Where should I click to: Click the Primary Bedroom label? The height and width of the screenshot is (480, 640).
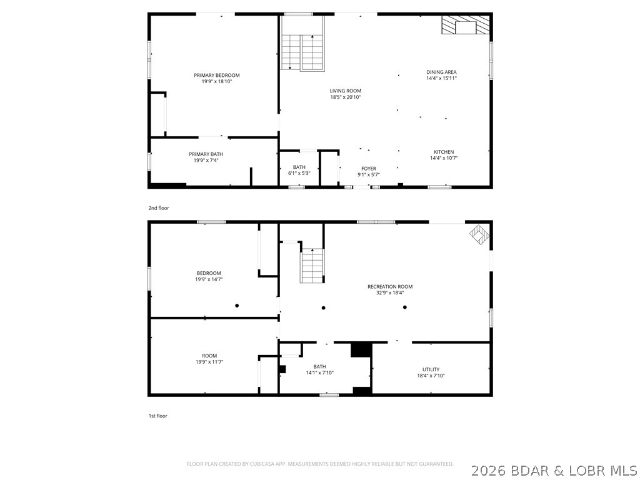[x=216, y=75]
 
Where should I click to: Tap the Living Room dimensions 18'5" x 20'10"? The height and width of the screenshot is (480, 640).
[x=345, y=97]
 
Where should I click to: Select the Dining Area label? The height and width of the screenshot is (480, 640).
[x=441, y=72]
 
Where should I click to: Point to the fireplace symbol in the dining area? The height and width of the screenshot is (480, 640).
[x=464, y=26]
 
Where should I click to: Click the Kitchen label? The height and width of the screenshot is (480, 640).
[x=444, y=152]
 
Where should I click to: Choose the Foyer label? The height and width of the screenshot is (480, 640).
[x=369, y=168]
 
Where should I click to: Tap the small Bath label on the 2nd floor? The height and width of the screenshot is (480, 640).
[x=299, y=167]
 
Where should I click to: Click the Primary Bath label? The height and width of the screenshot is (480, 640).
[x=206, y=154]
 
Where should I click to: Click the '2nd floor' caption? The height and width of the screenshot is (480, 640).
[x=159, y=208]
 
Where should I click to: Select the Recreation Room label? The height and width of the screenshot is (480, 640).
[x=390, y=287]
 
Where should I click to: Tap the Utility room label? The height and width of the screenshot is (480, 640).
[x=431, y=369]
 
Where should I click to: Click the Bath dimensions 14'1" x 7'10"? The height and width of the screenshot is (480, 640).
[x=319, y=373]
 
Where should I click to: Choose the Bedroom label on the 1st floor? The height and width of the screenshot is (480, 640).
[x=208, y=273]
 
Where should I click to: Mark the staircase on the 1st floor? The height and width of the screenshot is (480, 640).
[x=312, y=265]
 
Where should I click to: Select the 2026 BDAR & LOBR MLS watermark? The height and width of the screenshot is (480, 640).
[x=555, y=469]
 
